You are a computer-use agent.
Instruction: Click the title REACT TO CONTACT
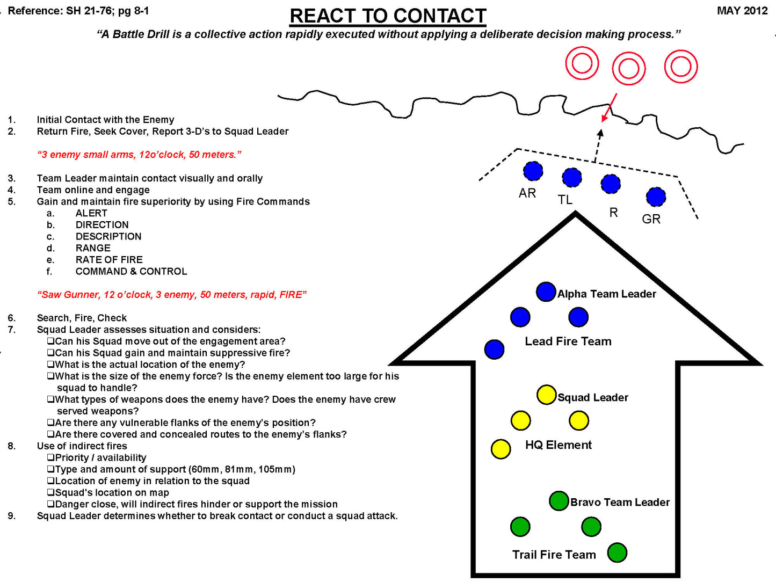pos(388,16)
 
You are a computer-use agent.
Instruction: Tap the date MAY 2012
pos(742,11)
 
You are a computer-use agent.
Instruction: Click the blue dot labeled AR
pos(533,171)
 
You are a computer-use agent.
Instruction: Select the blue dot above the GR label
pos(656,197)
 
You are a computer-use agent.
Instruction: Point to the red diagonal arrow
pos(609,108)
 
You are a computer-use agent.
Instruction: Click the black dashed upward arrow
pos(598,145)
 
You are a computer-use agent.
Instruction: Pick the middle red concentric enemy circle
pos(628,69)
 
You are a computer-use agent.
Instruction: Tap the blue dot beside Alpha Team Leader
pos(546,292)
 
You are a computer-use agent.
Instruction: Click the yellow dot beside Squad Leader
pos(546,395)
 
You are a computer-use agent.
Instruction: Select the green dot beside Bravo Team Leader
pos(559,501)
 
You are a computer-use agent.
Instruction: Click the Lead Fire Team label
pos(568,341)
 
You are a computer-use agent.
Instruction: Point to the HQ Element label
pos(558,445)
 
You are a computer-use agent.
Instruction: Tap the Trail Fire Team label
pos(554,555)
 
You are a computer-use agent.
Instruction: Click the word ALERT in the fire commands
pos(91,213)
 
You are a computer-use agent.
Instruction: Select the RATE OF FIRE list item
pos(109,260)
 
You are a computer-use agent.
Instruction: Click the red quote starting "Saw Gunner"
pos(171,295)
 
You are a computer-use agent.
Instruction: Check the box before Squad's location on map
pos(50,492)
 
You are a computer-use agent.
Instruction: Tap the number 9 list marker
pos(11,516)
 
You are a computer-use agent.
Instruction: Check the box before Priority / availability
pos(50,457)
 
